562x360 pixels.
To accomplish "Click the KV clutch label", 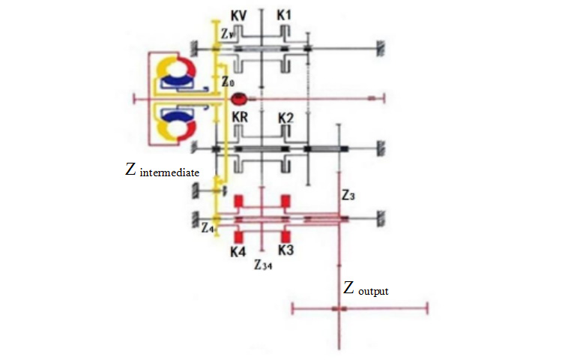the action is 238,16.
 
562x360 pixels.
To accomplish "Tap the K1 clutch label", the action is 284,15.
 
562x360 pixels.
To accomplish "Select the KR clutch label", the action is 240,117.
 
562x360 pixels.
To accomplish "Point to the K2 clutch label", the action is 285,118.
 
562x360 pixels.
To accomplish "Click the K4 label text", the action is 238,252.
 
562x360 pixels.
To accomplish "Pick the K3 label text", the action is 285,250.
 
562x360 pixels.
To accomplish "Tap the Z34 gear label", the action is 263,265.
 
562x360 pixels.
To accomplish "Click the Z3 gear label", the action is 348,195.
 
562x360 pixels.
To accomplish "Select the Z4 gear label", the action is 208,227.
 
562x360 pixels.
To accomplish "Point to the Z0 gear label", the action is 228,82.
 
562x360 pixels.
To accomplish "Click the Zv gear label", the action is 228,33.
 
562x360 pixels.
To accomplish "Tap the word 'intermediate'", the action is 169,172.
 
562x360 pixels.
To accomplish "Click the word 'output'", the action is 373,291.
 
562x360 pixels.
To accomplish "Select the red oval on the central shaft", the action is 238,98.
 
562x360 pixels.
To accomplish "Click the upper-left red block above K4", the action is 238,201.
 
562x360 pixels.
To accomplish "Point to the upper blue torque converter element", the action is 178,81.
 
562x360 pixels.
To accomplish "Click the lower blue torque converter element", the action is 178,115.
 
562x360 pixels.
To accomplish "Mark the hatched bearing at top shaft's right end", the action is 381,49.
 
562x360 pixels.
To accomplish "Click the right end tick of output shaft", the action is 427,308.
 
